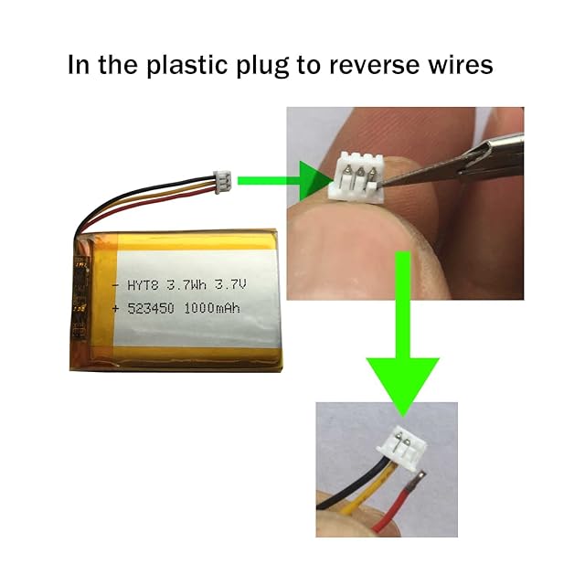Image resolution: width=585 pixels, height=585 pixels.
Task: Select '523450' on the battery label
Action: (x=154, y=310)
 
